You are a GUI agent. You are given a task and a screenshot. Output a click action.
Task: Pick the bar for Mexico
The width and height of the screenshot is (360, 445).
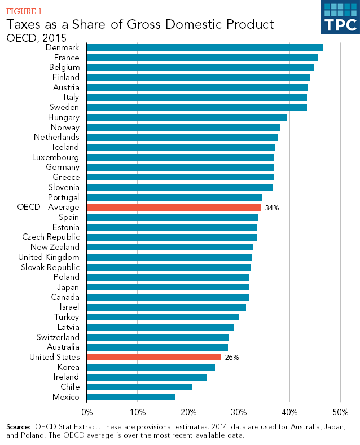(131, 397)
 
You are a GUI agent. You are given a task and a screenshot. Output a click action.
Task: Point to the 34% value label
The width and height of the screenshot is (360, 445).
(272, 208)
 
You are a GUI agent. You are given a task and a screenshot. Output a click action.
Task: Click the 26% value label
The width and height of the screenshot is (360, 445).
(232, 358)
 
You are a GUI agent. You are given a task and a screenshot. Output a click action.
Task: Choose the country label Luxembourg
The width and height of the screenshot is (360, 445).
(56, 157)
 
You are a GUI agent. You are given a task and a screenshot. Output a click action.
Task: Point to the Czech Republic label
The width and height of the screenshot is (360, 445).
(51, 237)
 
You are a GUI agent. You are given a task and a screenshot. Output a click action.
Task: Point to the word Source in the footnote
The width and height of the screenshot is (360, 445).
(18, 426)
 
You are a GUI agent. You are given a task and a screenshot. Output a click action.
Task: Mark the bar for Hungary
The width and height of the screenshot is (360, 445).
(187, 117)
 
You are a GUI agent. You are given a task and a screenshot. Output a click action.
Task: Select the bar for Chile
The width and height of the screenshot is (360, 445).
(139, 387)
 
